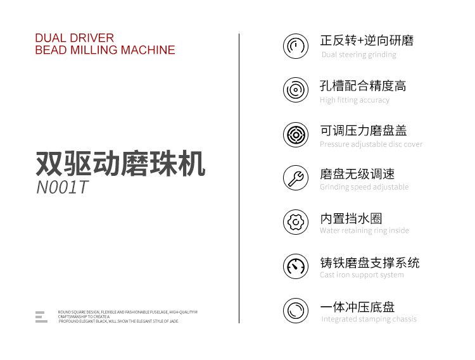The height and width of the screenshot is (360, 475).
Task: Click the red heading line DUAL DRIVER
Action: [75, 38]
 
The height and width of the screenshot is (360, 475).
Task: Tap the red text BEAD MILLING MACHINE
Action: [105, 50]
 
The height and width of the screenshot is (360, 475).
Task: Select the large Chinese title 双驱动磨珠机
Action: [120, 163]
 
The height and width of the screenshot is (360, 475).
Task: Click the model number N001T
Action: [62, 187]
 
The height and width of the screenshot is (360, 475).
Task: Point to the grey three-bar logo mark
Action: [41, 317]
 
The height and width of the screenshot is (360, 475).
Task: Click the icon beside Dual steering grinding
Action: [296, 46]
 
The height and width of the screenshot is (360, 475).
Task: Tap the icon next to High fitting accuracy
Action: [296, 90]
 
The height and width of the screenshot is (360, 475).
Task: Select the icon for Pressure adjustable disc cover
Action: [296, 135]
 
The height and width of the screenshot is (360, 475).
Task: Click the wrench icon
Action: [296, 178]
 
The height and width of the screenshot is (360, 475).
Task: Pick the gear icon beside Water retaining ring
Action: [296, 222]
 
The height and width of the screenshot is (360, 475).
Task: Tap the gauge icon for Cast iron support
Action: [296, 266]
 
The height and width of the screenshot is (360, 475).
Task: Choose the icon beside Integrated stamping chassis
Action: [296, 311]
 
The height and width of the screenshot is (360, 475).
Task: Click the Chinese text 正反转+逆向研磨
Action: [367, 40]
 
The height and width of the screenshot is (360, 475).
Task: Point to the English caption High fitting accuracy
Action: [355, 100]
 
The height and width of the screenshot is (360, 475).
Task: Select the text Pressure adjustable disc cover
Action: [371, 144]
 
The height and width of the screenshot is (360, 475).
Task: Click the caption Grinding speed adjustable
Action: [364, 187]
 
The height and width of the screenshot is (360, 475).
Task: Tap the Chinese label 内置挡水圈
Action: [351, 218]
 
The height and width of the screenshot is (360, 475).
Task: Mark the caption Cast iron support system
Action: [362, 275]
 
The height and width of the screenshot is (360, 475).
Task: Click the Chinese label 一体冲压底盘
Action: [357, 307]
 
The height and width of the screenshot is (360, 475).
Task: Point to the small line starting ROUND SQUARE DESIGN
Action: [127, 312]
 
